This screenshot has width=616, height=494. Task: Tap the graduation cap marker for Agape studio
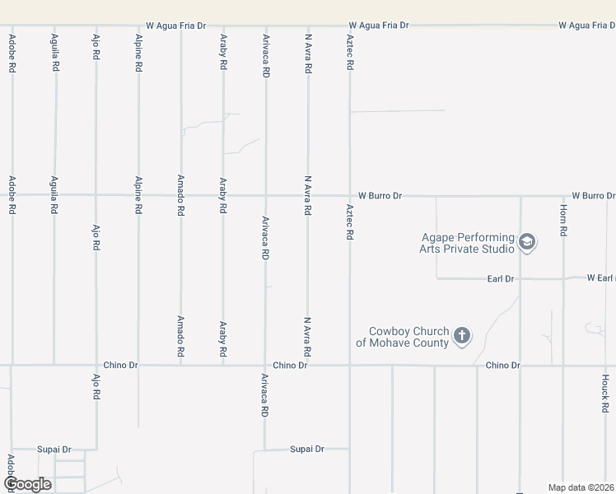528,243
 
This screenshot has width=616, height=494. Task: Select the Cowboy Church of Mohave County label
403,337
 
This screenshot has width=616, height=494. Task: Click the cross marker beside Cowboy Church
462,335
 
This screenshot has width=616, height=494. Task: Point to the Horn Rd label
563,221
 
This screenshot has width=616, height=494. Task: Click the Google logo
27,483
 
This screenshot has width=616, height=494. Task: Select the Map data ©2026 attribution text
581,487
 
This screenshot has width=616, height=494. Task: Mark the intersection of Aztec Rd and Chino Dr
350,365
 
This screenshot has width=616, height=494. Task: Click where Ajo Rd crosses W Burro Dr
96,195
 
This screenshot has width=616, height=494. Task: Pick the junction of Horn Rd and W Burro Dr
563,196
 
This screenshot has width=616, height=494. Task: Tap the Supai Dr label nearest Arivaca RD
307,449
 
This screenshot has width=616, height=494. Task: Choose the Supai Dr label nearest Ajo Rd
54,450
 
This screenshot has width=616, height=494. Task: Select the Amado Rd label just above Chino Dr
180,335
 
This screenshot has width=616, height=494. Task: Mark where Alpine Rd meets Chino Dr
138,365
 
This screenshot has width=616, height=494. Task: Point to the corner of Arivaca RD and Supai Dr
265,450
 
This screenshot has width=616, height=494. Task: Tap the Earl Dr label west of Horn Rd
500,279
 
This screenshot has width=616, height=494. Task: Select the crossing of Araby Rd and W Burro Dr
223,195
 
